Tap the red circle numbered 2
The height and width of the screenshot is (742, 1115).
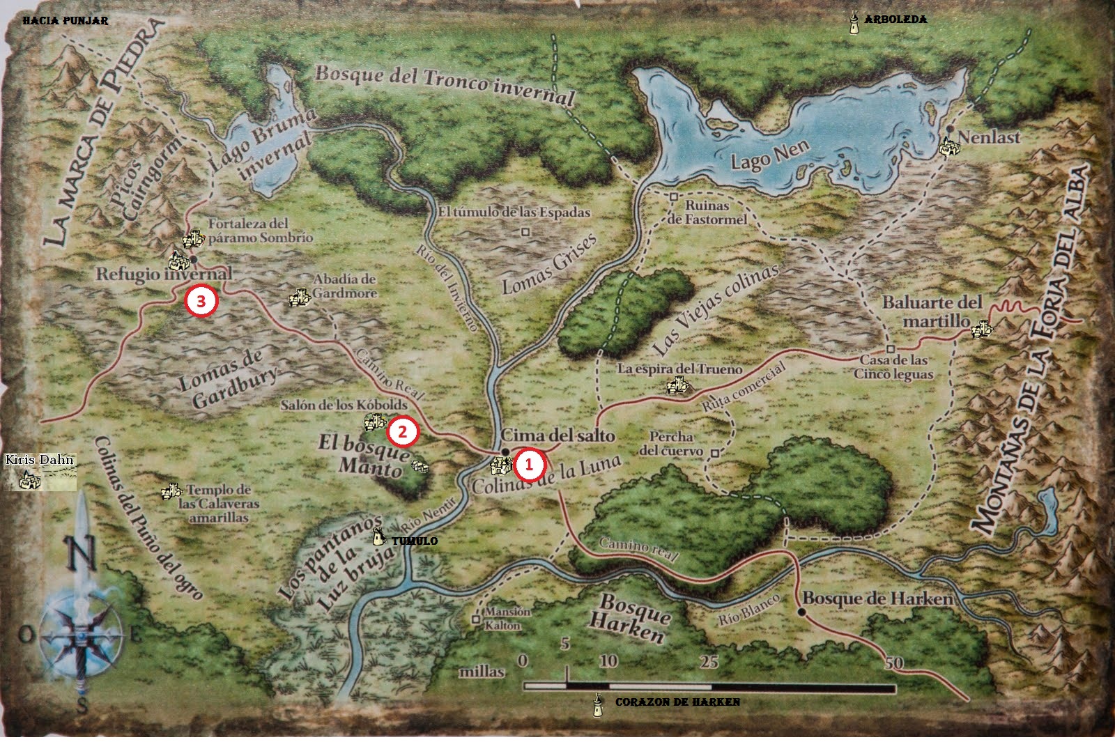[403, 432]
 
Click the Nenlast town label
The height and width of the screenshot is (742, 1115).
[990, 137]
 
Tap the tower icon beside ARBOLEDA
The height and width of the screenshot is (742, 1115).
[853, 22]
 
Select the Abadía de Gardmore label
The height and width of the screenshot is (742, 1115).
[344, 286]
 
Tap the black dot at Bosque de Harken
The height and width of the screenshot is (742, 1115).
[801, 612]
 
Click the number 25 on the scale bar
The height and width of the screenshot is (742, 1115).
[709, 660]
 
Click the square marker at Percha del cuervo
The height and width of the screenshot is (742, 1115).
[715, 452]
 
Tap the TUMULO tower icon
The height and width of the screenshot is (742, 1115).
[378, 537]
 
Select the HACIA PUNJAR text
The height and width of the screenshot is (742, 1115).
[66, 21]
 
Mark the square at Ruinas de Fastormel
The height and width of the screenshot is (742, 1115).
[674, 196]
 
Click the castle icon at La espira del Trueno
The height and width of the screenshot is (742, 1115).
[675, 385]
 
